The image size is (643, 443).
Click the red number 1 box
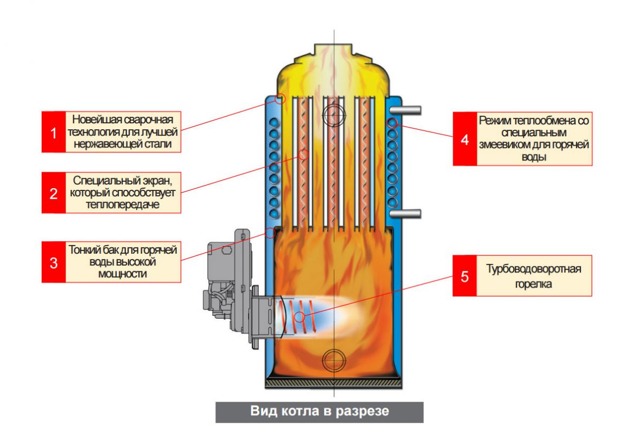[54, 132]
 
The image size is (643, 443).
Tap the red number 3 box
[54, 262]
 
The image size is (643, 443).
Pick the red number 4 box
[464, 139]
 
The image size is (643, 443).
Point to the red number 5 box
[464, 276]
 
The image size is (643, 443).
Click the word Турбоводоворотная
[534, 269]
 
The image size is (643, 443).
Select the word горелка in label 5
[534, 284]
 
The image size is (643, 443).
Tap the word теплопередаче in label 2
[123, 204]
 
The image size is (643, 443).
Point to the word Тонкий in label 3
[84, 250]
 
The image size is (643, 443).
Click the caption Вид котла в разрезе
[319, 412]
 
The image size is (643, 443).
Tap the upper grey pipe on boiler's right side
[406, 110]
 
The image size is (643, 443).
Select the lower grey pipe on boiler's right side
[406, 213]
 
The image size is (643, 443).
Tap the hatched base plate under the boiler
[333, 383]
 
